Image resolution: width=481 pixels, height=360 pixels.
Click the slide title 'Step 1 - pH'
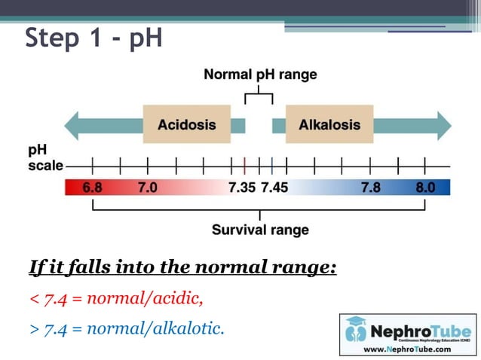(x=94, y=37)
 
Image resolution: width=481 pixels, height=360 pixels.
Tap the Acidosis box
(x=186, y=125)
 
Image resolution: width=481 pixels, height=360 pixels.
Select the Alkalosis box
(x=329, y=125)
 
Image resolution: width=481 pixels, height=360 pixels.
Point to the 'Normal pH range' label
(x=260, y=75)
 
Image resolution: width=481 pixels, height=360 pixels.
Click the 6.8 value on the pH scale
(x=92, y=188)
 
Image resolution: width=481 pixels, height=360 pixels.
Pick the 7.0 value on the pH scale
(x=147, y=188)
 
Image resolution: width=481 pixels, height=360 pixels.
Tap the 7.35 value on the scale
(x=242, y=188)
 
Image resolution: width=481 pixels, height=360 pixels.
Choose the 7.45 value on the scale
(x=274, y=188)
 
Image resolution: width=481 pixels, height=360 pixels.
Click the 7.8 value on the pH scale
(x=371, y=188)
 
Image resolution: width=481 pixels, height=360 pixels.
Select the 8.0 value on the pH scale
(x=426, y=188)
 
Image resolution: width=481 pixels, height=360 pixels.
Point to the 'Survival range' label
(x=260, y=230)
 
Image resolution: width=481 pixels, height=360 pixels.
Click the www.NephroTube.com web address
(x=407, y=349)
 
